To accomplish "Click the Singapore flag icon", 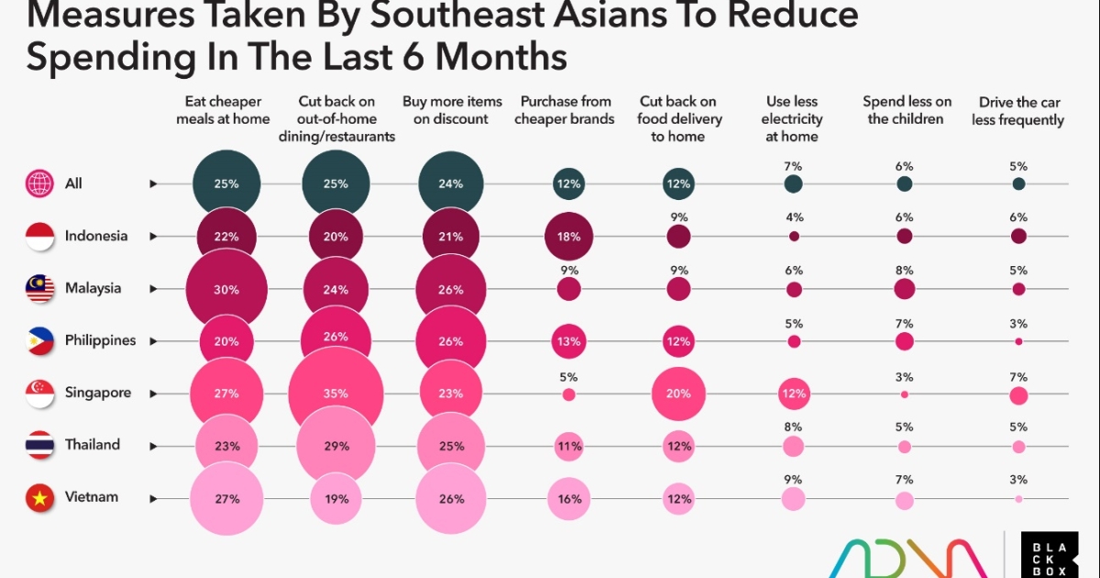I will tap(38, 394).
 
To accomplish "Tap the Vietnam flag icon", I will tap(38, 498).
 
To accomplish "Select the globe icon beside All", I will tap(38, 184).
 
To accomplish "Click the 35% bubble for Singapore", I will tap(335, 394).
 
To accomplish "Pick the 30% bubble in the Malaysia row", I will tap(226, 289).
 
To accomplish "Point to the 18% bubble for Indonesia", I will tap(568, 237).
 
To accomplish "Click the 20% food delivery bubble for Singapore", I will tap(678, 394).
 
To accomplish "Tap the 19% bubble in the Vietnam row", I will tap(335, 498).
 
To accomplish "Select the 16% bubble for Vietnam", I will tap(568, 498).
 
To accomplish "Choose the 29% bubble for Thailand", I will tap(335, 446).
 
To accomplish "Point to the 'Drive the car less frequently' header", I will tap(1021, 111).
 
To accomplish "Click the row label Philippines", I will tap(100, 340).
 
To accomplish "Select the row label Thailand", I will tap(92, 445).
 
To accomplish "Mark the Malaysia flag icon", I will tap(38, 289).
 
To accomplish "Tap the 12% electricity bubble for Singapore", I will tap(794, 394).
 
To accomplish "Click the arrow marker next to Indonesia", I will tap(154, 237).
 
